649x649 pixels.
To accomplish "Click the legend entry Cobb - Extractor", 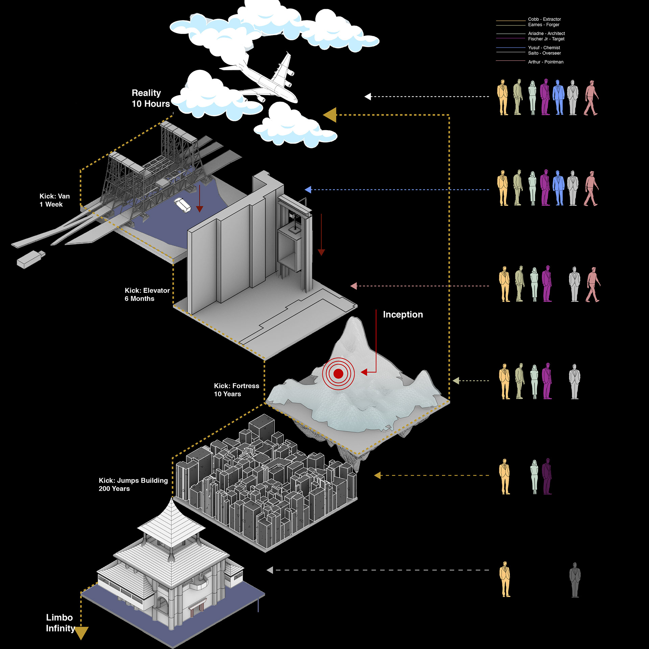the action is point(544,19).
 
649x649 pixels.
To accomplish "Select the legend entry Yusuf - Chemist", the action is point(544,48).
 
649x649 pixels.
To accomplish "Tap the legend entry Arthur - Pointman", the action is point(546,62).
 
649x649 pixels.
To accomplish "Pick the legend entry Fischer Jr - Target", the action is point(546,39).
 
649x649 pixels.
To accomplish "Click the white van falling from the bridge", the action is point(183,205).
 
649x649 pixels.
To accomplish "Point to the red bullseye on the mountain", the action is point(338,374).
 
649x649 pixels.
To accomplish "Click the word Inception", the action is point(403,314).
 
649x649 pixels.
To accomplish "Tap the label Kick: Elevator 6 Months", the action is point(147,294).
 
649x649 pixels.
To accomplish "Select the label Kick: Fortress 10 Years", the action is point(237,390).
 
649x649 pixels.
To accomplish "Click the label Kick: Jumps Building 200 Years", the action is point(133,484).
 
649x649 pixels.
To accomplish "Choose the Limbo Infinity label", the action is point(61,623).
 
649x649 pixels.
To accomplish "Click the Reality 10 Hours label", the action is point(151,98).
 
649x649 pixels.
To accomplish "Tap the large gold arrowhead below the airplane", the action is point(330,115).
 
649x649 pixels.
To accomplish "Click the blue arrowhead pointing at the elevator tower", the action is point(308,190).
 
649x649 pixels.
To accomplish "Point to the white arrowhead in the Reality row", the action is point(368,97).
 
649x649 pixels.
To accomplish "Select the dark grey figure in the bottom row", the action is point(575,579).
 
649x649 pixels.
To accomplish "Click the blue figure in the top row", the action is point(558,97).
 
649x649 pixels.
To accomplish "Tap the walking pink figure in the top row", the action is point(591,98).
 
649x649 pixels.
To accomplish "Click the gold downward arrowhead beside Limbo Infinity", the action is point(81,633).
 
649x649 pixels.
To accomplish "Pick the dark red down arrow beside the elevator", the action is point(321,235).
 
